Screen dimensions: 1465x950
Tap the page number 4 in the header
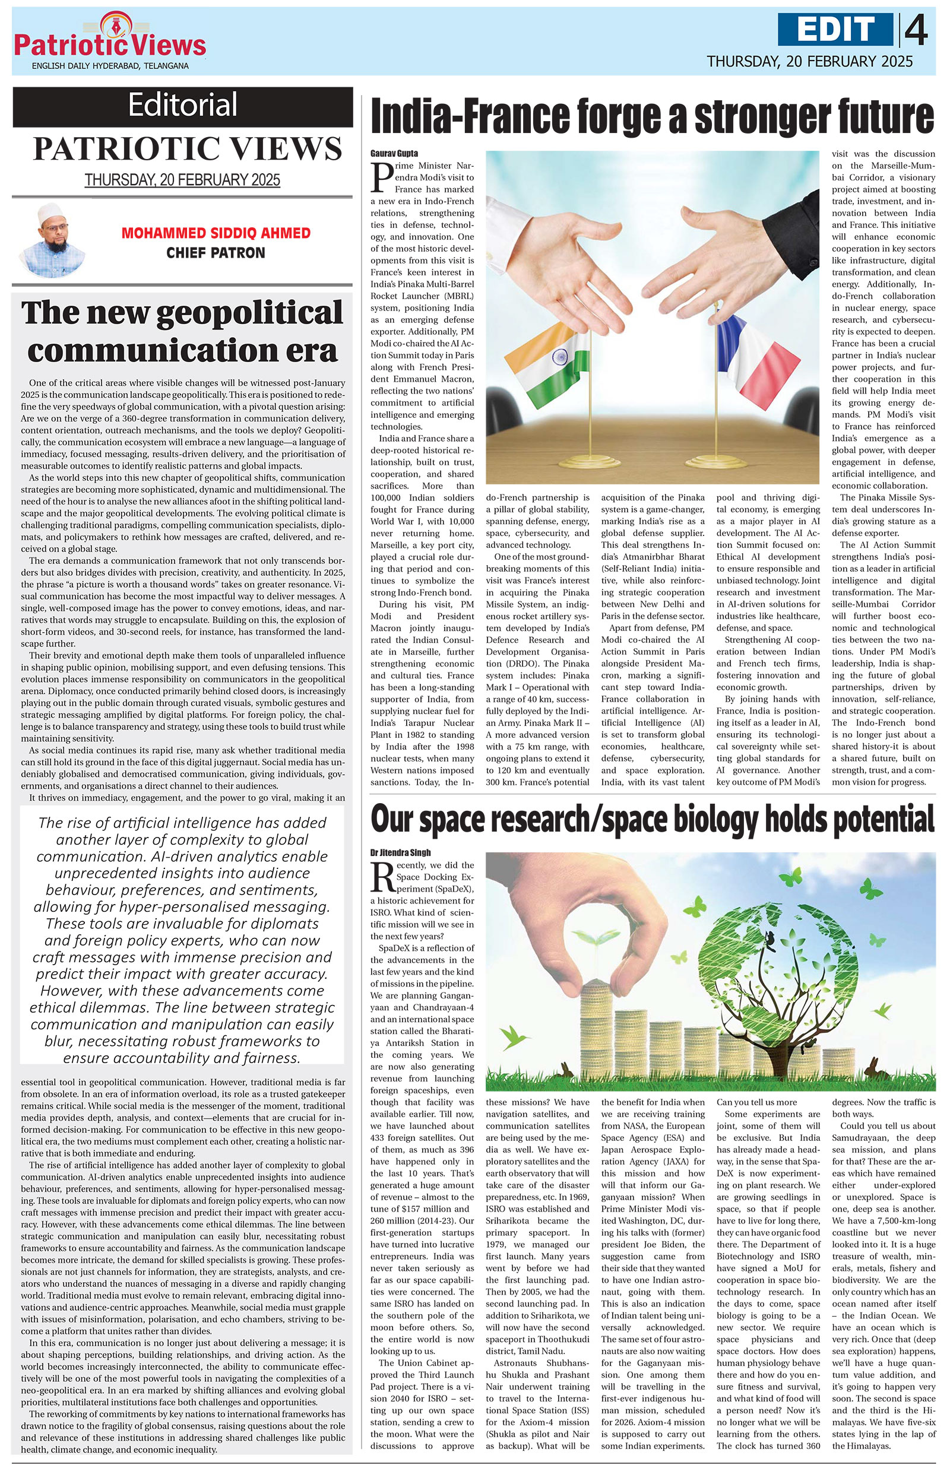[917, 30]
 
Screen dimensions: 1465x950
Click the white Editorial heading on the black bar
[183, 104]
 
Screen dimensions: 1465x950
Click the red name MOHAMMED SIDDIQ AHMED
[216, 233]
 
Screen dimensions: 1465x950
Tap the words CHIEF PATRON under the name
[216, 252]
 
